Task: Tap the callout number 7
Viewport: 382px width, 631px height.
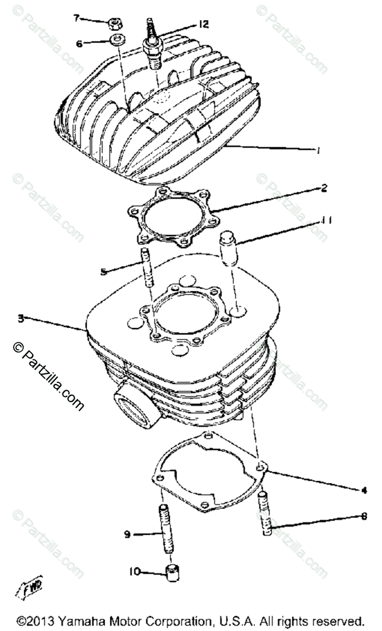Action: coord(76,18)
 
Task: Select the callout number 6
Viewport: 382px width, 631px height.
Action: coord(79,44)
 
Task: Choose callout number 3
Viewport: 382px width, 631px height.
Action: coord(19,318)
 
